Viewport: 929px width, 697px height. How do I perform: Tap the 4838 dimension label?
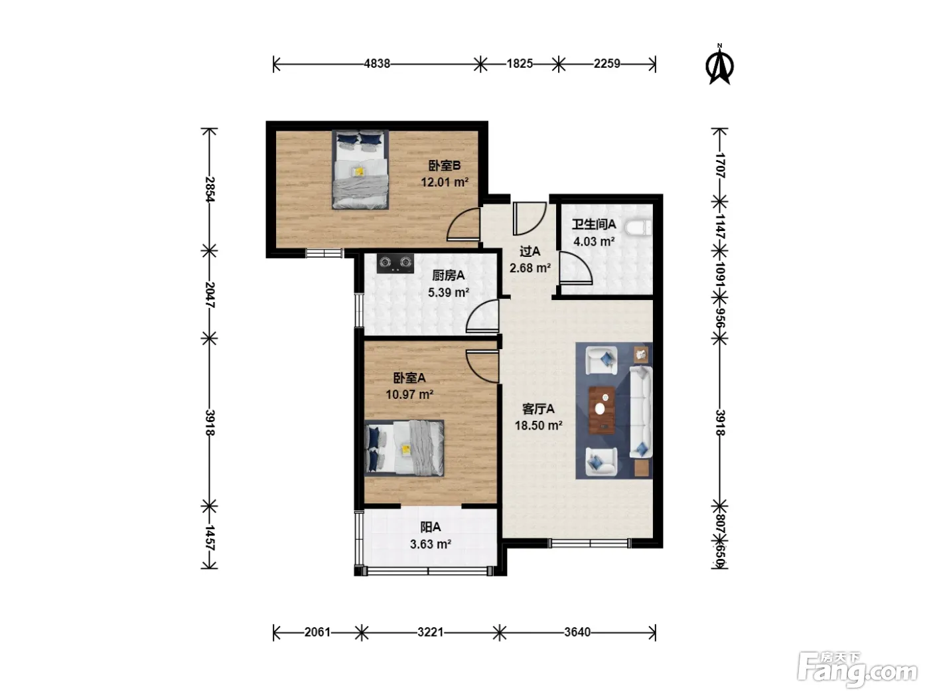point(377,64)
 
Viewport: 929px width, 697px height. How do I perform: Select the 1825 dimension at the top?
point(520,64)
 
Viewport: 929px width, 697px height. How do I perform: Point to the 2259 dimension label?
point(607,64)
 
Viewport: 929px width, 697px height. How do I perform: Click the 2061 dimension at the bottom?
point(317,632)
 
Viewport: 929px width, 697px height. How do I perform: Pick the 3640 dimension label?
point(577,632)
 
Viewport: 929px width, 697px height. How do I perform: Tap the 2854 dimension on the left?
point(210,189)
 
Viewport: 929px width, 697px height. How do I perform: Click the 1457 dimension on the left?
point(210,538)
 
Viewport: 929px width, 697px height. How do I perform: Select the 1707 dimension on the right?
point(720,165)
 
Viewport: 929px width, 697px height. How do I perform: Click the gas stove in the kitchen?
point(395,264)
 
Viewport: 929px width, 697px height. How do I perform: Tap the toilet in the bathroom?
point(638,228)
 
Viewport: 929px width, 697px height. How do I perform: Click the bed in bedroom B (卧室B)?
point(360,169)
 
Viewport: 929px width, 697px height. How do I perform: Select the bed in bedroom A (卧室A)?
point(404,447)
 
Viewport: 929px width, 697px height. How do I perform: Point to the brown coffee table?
point(602,410)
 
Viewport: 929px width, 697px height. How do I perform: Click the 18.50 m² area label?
point(538,426)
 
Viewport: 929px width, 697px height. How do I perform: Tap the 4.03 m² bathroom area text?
point(594,242)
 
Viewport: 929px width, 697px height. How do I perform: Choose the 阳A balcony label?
point(431,527)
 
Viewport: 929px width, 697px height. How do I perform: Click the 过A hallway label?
point(530,252)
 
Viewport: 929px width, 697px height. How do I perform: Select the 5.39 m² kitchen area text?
point(448,293)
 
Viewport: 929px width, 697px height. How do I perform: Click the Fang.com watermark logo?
point(857,670)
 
